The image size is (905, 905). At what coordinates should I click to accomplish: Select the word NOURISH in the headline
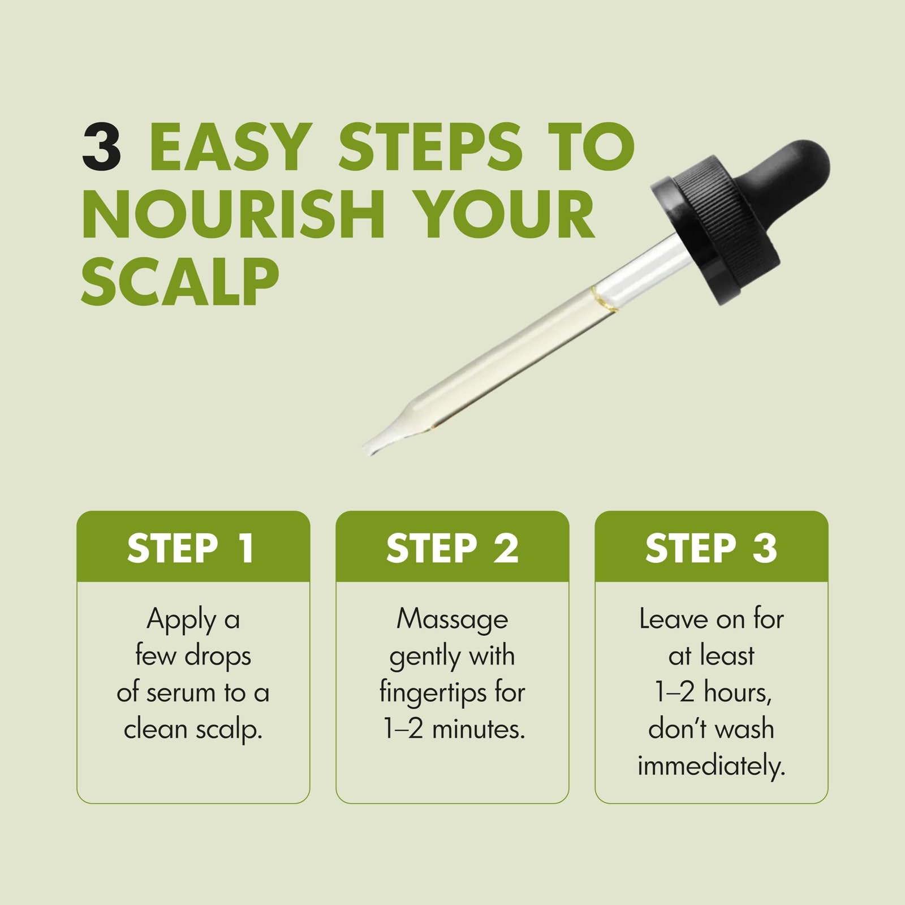234,214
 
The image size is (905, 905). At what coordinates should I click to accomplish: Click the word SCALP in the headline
180,282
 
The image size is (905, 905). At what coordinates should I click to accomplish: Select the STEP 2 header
453,548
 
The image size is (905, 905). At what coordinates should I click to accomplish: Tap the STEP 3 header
712,548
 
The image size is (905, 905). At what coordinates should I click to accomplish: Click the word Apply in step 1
182,620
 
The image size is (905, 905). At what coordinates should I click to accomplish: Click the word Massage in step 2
453,620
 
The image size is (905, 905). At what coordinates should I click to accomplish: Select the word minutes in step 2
479,729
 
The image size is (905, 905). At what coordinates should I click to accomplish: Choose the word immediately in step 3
712,767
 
